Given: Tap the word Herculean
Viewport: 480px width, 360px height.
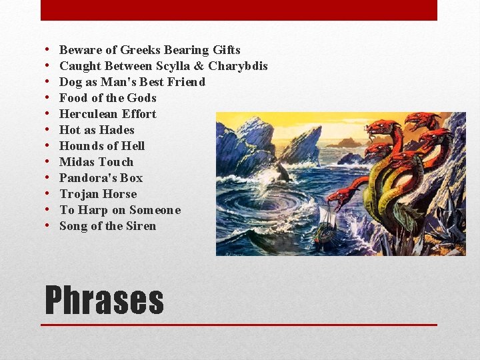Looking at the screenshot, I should tap(89, 114).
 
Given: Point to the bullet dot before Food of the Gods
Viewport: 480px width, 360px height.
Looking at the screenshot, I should tap(49, 98).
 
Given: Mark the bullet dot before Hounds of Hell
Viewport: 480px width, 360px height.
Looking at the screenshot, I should tap(49, 146).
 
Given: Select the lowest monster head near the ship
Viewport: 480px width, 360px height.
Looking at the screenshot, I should tap(338, 195).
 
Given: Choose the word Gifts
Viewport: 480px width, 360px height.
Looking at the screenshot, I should tap(227, 50).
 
